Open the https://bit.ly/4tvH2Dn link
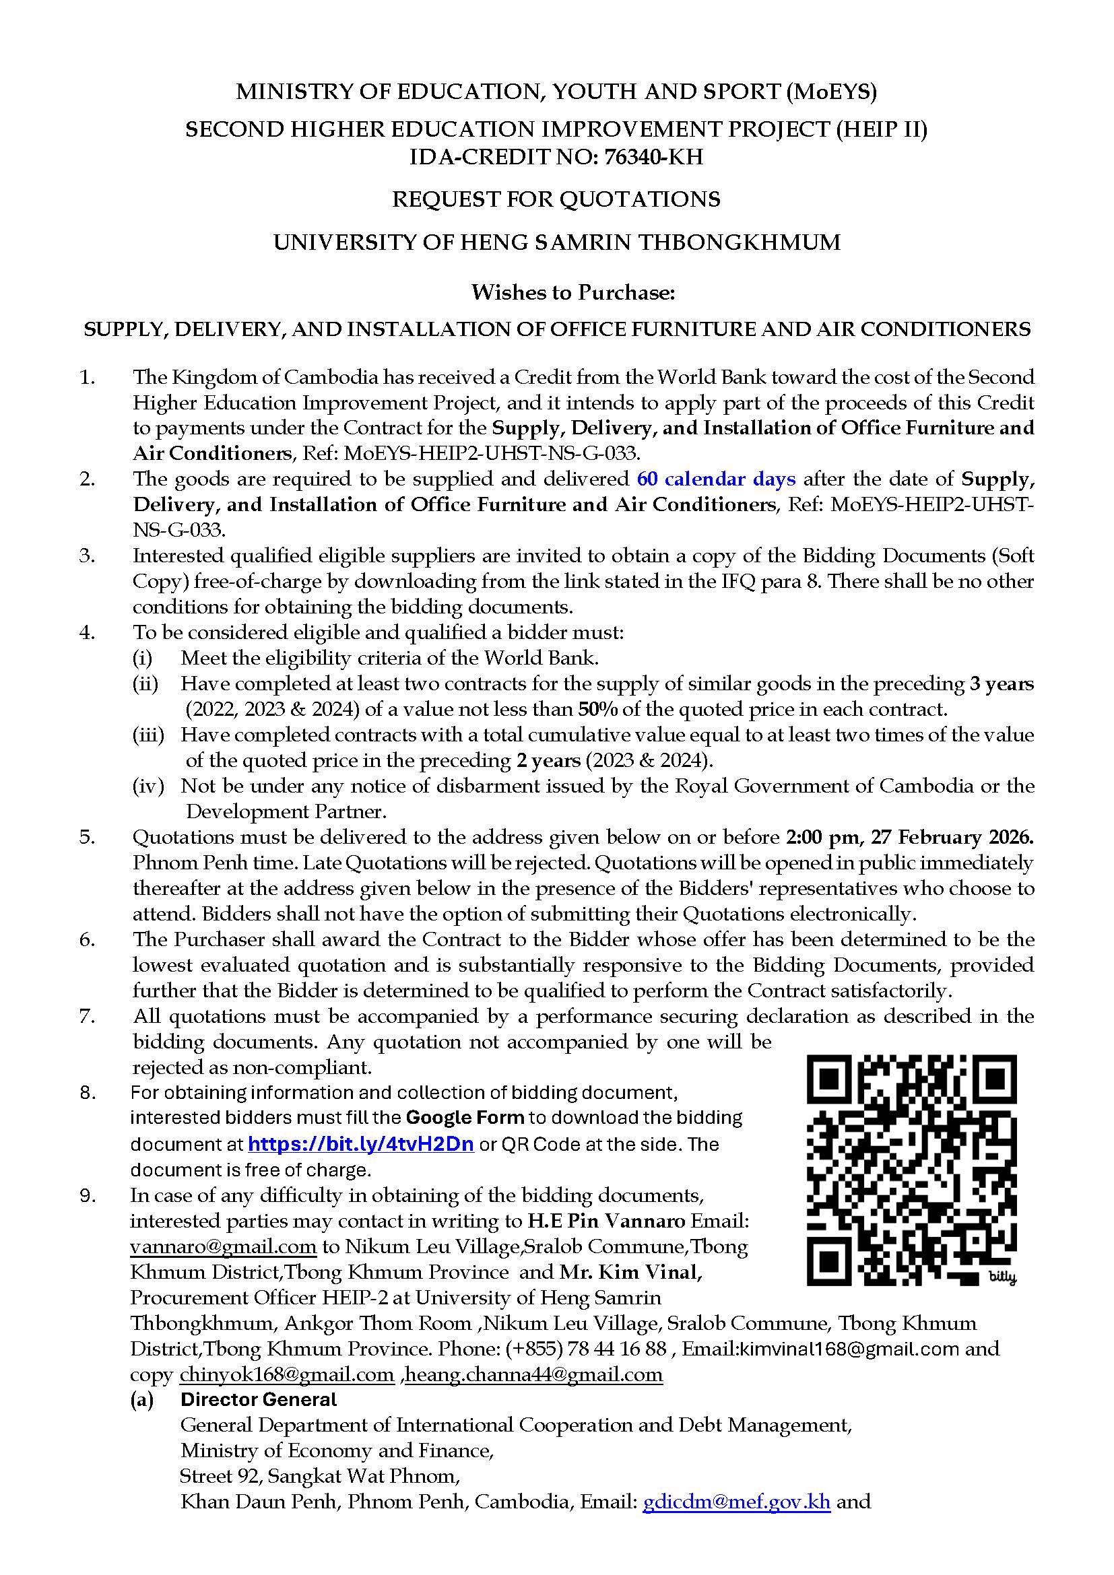[x=360, y=1143]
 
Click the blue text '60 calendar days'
[x=716, y=478]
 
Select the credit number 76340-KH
[x=654, y=157]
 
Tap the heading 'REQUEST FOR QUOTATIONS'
[x=556, y=199]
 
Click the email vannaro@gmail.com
[x=223, y=1246]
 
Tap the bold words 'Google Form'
[x=465, y=1118]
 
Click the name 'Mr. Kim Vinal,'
[x=630, y=1272]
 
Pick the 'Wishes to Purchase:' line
[x=573, y=292]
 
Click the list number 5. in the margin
[x=87, y=837]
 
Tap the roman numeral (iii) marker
[x=148, y=735]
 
